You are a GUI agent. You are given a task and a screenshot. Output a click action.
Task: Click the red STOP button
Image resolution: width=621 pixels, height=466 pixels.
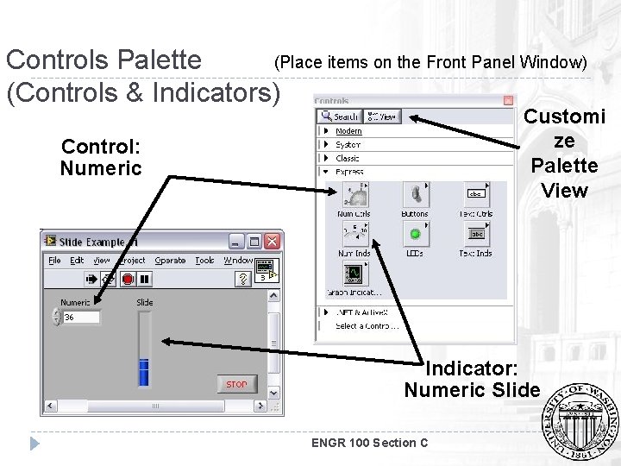pyautogui.click(x=236, y=384)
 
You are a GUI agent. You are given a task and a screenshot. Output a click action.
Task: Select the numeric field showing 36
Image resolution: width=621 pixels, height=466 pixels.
pyautogui.click(x=80, y=318)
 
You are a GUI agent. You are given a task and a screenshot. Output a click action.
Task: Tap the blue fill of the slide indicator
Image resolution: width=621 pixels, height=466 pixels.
pyautogui.click(x=144, y=372)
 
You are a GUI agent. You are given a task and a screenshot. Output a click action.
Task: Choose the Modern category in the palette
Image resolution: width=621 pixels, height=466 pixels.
pyautogui.click(x=348, y=131)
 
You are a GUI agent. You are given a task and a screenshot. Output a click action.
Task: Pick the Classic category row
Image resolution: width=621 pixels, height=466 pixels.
pyautogui.click(x=348, y=159)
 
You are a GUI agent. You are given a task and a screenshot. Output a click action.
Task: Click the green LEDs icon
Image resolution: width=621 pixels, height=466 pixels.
pyautogui.click(x=415, y=234)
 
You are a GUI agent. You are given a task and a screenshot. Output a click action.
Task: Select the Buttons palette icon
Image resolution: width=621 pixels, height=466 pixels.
pyautogui.click(x=415, y=194)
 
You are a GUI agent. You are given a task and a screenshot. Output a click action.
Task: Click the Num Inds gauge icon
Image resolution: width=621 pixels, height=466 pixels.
pyautogui.click(x=354, y=234)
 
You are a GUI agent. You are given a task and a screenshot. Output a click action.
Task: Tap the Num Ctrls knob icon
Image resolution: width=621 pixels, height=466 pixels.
pyautogui.click(x=354, y=194)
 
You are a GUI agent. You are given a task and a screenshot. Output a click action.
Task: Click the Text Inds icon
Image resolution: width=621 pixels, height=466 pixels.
pyautogui.click(x=476, y=234)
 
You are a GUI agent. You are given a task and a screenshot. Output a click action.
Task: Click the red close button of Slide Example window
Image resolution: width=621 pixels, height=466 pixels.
pyautogui.click(x=273, y=242)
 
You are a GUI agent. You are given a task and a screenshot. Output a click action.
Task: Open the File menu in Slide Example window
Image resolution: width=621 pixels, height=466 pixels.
pyautogui.click(x=54, y=261)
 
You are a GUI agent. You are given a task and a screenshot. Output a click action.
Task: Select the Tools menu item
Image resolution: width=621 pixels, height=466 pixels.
pyautogui.click(x=204, y=261)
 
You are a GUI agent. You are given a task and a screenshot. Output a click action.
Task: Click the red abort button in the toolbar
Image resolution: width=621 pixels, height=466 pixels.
pyautogui.click(x=127, y=279)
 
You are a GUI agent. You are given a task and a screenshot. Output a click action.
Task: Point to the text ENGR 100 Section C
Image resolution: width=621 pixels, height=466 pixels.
pyautogui.click(x=369, y=443)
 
